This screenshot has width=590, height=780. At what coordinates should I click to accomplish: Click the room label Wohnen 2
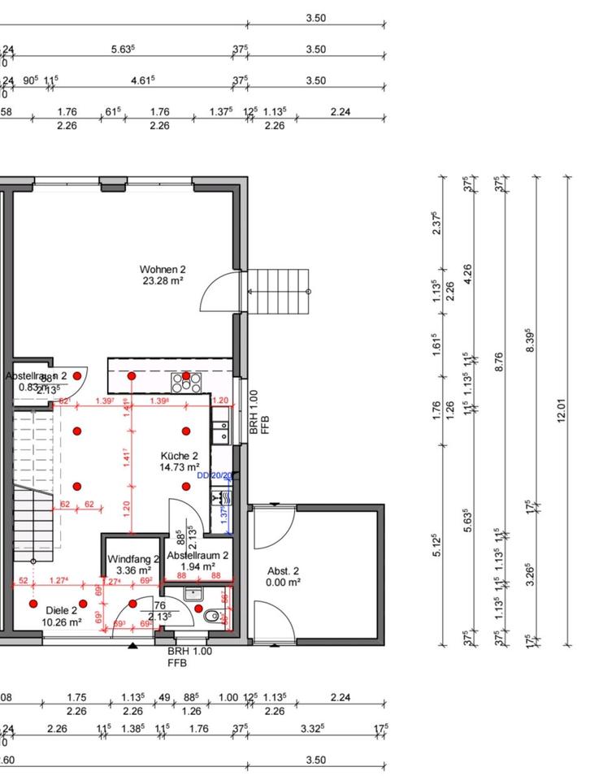(x=163, y=269)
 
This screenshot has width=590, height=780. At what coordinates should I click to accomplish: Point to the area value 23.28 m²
(x=163, y=280)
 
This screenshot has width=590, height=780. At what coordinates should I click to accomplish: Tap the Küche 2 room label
(x=180, y=456)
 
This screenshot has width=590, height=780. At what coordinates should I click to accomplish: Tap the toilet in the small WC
(x=211, y=617)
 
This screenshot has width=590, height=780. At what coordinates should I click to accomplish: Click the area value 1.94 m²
(x=198, y=566)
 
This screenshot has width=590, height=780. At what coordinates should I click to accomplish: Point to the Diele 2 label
(x=62, y=611)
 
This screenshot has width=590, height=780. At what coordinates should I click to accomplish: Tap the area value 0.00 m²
(x=284, y=582)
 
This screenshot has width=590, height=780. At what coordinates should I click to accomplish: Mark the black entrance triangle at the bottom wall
(x=132, y=646)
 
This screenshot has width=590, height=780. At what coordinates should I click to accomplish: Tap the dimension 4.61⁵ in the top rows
(x=143, y=80)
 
